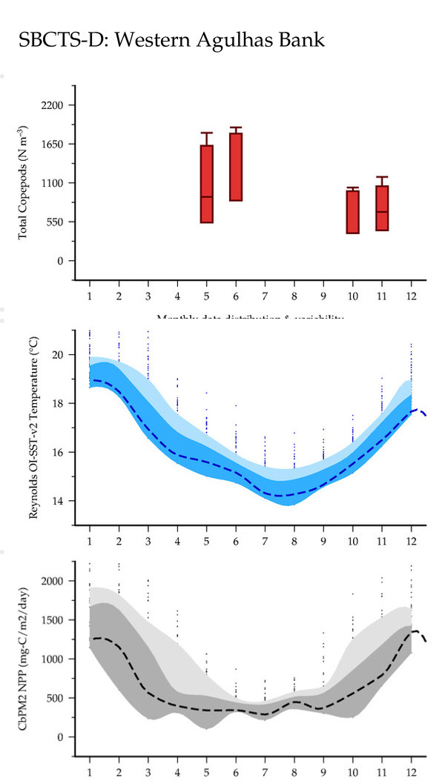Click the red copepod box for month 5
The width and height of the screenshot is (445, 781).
pyautogui.click(x=206, y=183)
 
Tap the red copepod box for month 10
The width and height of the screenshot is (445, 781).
pyautogui.click(x=352, y=212)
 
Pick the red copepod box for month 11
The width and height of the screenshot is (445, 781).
pyautogui.click(x=382, y=207)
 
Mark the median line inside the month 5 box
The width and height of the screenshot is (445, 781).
pyautogui.click(x=206, y=196)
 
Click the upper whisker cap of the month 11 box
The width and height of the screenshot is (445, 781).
pyautogui.click(x=382, y=177)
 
